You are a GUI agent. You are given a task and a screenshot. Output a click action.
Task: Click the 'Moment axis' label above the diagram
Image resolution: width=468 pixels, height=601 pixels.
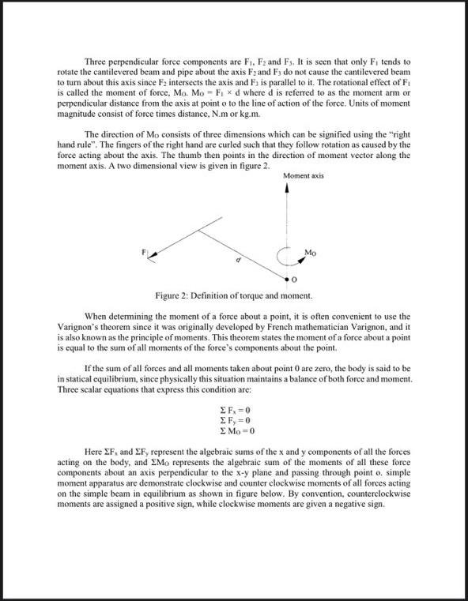(x=304, y=176)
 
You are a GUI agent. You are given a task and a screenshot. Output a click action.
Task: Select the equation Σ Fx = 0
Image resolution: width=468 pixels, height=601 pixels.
(x=233, y=410)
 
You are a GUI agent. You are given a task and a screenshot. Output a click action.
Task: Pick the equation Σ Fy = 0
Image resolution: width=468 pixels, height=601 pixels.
(x=233, y=420)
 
